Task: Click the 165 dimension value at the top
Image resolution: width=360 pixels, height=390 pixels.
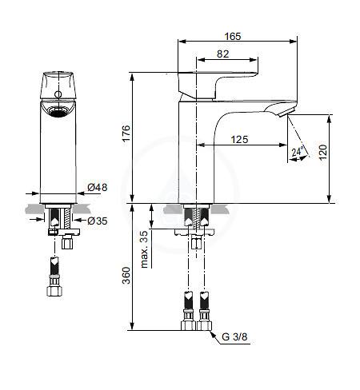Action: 233,36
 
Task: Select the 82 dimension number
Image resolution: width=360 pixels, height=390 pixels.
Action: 222,54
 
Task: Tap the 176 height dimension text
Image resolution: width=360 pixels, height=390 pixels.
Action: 126,133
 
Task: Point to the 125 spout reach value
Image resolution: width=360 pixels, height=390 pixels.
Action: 239,139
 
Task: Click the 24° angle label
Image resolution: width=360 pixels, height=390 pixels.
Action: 298,152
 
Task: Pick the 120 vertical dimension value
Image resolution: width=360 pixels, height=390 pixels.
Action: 322,153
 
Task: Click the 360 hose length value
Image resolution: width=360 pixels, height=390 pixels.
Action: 126,276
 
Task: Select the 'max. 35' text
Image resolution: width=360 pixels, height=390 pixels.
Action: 144,249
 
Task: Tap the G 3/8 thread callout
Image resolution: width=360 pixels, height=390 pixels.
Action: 234,336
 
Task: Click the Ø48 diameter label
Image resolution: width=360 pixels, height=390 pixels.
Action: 98,187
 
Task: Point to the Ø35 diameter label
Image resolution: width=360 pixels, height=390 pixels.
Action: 98,221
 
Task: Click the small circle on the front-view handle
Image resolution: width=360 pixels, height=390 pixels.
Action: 58,94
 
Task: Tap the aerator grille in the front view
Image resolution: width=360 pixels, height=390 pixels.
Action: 58,111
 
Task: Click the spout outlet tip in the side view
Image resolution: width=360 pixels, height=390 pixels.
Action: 286,112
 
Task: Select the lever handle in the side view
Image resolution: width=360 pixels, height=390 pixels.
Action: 218,86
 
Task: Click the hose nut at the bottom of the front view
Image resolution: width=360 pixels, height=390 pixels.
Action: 54,291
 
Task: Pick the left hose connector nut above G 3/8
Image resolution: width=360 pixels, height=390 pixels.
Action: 188,325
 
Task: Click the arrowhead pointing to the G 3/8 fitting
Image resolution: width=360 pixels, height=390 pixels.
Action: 213,333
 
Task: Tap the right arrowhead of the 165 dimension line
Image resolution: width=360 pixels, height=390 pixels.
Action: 294,42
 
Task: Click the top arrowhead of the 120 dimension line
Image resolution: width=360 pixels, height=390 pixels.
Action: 330,118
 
